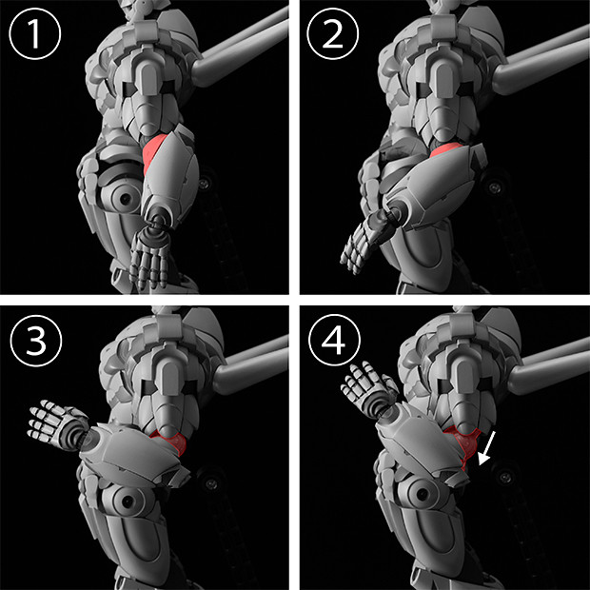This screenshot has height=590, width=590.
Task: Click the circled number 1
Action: point(34,33)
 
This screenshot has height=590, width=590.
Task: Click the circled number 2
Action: point(333,33)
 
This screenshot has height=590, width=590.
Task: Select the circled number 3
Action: point(36,341)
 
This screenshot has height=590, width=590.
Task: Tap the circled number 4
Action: point(334,340)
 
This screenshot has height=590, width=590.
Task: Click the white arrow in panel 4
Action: point(487,448)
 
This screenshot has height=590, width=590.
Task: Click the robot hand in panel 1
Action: point(148,260)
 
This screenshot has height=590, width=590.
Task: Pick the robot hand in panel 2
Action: point(362,241)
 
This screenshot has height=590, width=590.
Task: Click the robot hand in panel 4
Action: point(367,387)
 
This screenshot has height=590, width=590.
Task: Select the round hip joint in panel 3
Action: point(126,501)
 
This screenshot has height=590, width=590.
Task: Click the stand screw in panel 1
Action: point(204,184)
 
